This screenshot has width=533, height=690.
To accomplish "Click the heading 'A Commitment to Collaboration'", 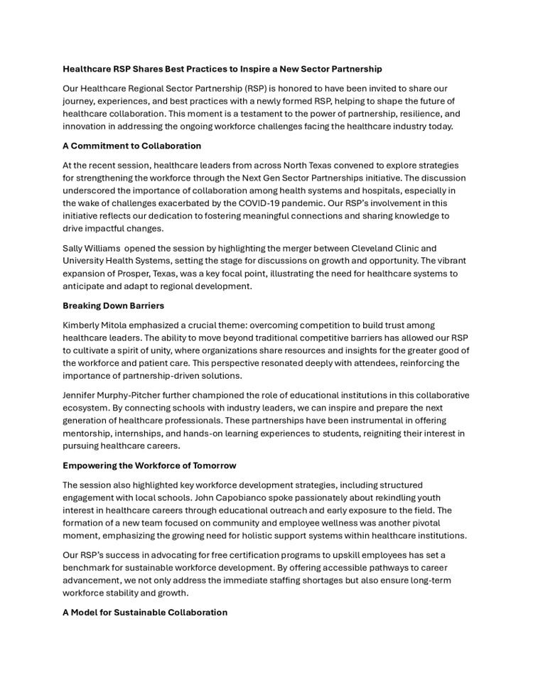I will [131, 146].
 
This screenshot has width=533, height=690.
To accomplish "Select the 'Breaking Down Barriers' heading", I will [113, 306].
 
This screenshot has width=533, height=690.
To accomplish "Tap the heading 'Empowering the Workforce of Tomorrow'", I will [149, 465].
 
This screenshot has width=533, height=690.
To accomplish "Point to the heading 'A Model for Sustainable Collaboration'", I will [145, 612].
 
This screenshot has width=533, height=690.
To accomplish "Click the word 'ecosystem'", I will [87, 408].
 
